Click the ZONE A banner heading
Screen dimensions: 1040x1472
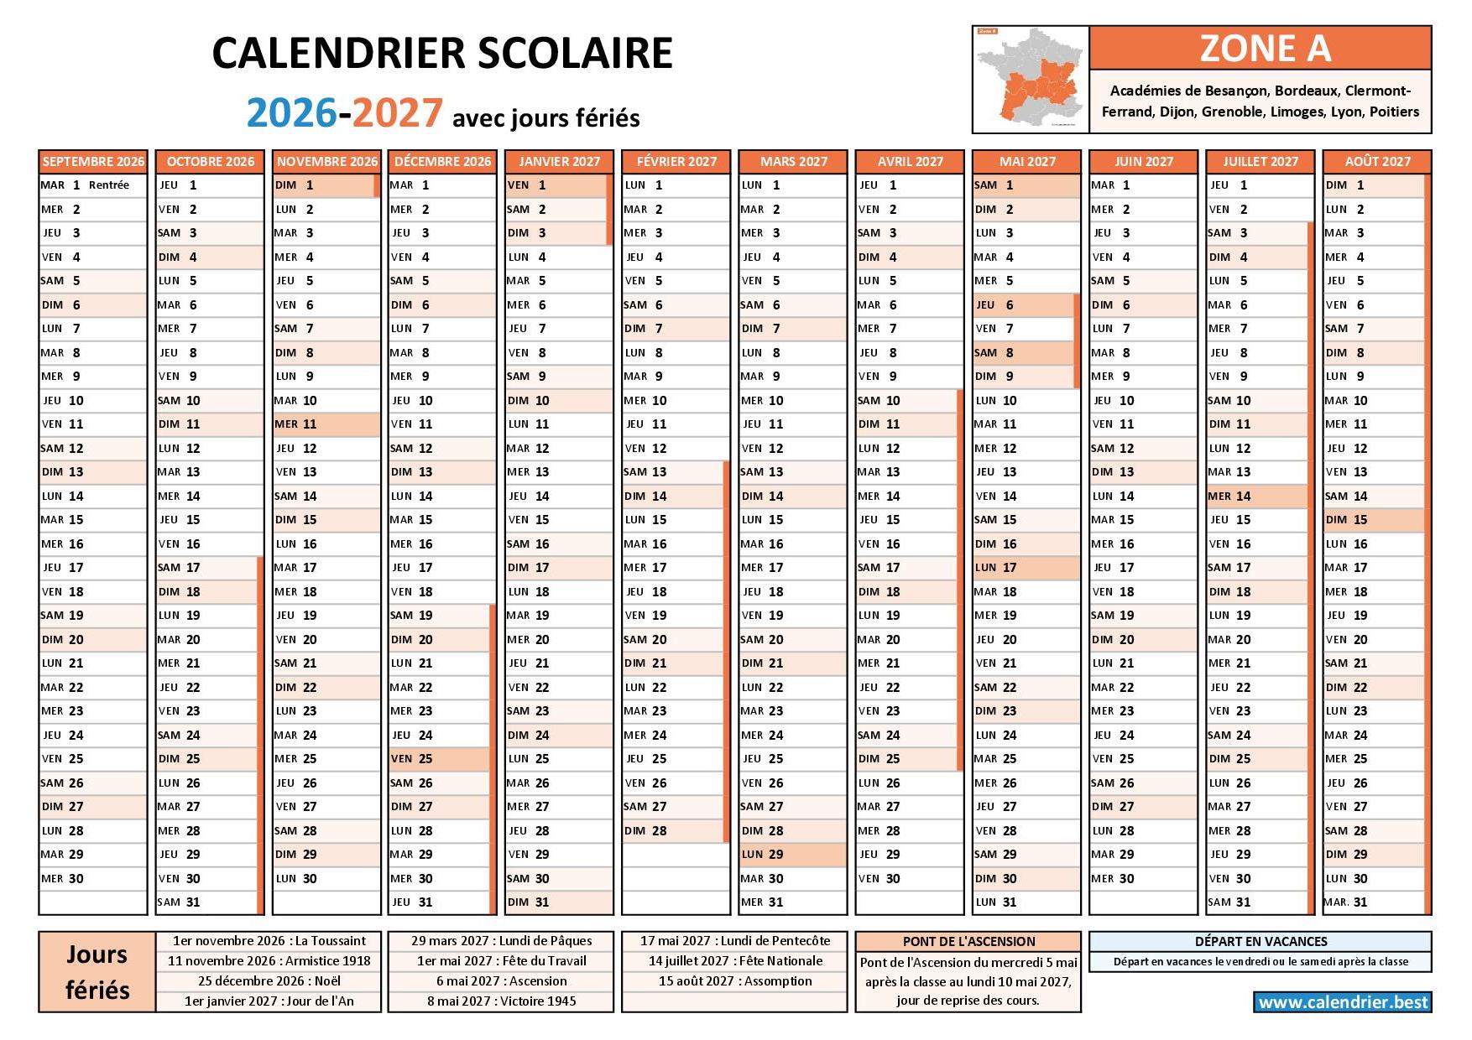tap(1260, 49)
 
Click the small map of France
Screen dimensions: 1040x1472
tap(1031, 80)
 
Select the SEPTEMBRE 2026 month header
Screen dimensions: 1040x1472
tap(93, 161)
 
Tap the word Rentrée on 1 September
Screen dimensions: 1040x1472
tap(109, 185)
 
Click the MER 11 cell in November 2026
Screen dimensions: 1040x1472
tap(326, 424)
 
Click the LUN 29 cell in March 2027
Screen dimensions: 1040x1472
tap(791, 855)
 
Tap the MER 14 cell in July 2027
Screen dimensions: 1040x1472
tap(1256, 497)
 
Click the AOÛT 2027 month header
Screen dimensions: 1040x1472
tap(1377, 161)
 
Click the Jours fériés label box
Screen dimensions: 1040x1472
tap(97, 972)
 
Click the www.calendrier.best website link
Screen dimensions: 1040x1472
tap(1343, 1002)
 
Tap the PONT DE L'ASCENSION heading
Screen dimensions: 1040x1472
tap(968, 941)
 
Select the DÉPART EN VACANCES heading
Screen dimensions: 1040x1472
tap(1261, 941)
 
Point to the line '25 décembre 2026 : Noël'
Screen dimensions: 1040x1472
tap(269, 981)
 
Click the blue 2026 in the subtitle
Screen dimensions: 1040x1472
tap(291, 113)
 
